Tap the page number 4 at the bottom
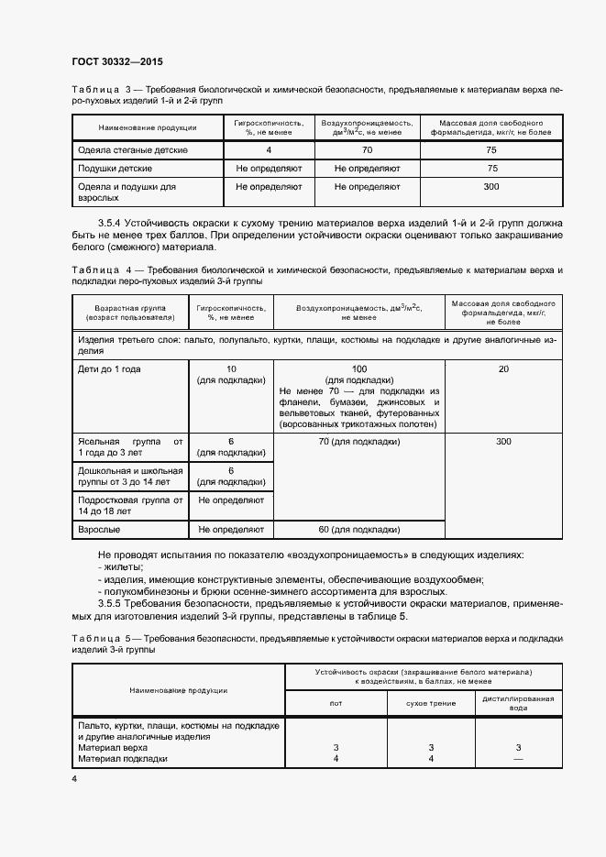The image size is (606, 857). (x=74, y=779)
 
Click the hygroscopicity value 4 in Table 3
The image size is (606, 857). (x=269, y=149)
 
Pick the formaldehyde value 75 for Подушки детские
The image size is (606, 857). (x=491, y=169)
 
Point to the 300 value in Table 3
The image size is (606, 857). (x=491, y=187)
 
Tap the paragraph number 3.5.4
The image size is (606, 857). (x=114, y=224)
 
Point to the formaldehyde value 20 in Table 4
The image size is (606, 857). (x=503, y=368)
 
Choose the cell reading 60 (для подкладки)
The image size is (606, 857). (x=360, y=530)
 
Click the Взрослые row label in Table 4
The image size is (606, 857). (x=99, y=530)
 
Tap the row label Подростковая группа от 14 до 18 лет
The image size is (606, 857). (x=131, y=506)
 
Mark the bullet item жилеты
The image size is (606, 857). (x=116, y=567)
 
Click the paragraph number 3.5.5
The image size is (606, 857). (x=114, y=604)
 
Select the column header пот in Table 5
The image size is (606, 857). (x=336, y=703)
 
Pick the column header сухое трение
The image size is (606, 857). (x=430, y=703)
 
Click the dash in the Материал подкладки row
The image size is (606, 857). (x=518, y=758)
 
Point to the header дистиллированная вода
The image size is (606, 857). (x=518, y=703)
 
